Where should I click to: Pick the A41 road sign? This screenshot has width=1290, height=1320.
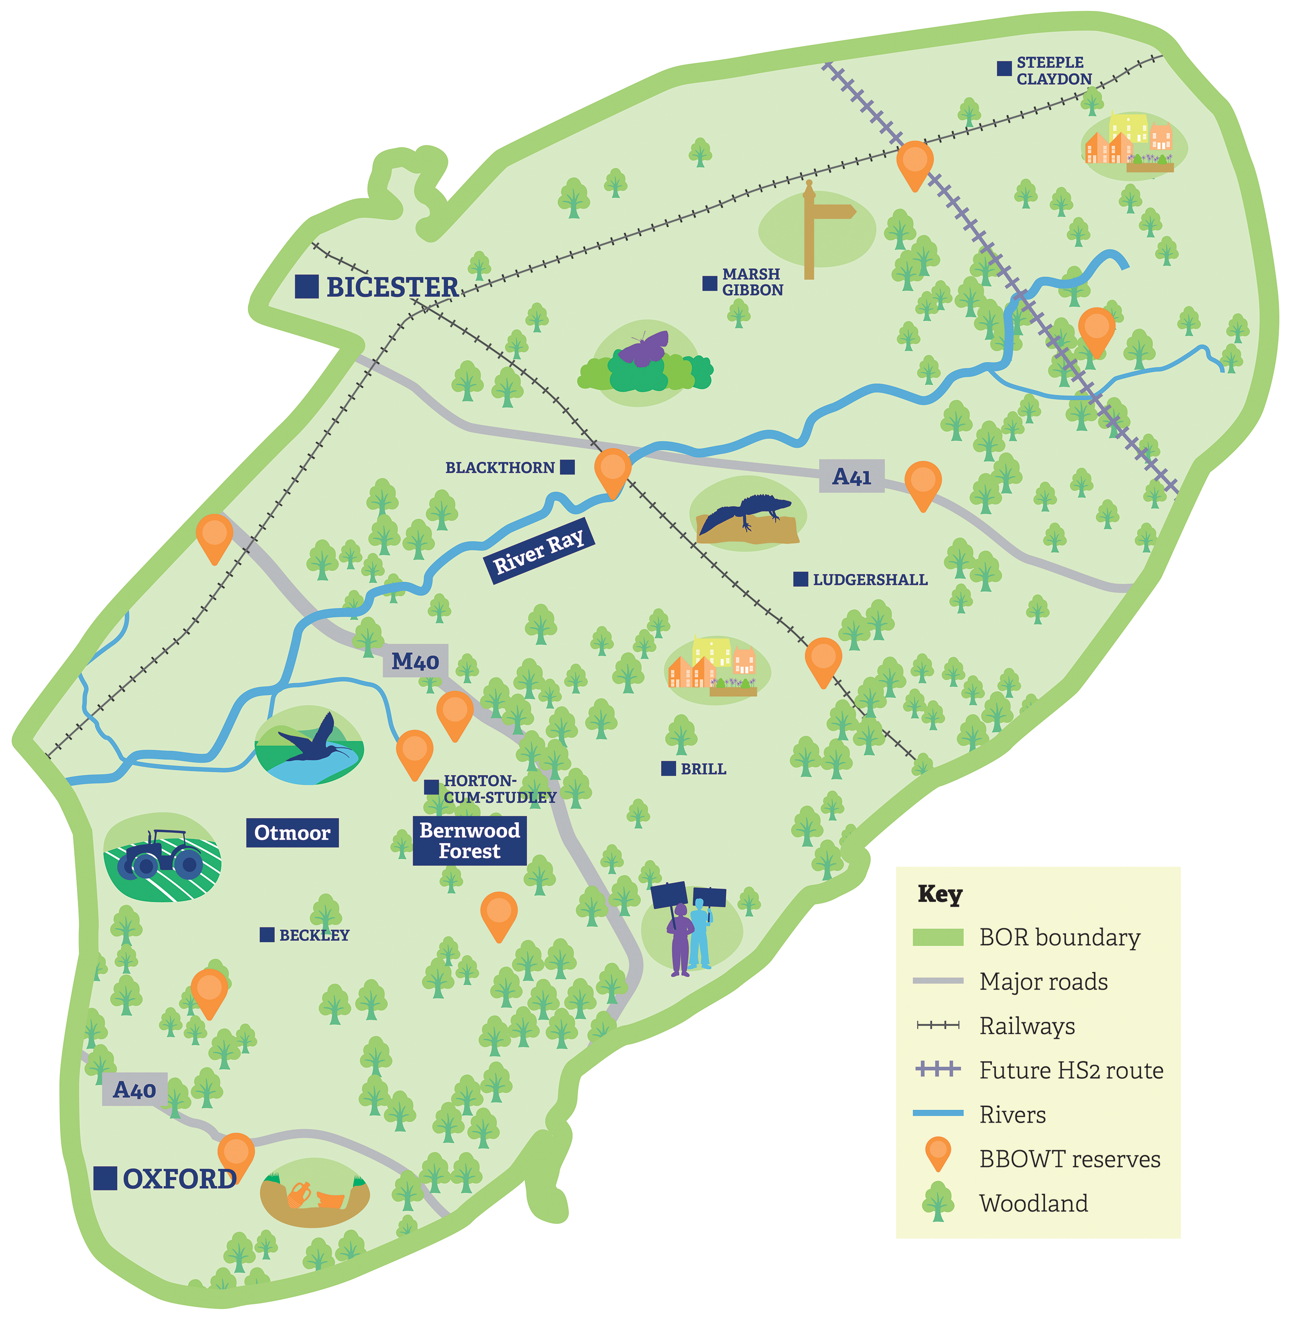tap(851, 476)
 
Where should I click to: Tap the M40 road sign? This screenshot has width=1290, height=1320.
tap(415, 661)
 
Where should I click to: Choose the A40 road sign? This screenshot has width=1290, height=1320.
tap(134, 1090)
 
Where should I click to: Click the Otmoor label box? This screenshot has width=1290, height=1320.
tap(292, 832)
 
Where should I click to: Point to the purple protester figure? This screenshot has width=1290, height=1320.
tap(679, 938)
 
